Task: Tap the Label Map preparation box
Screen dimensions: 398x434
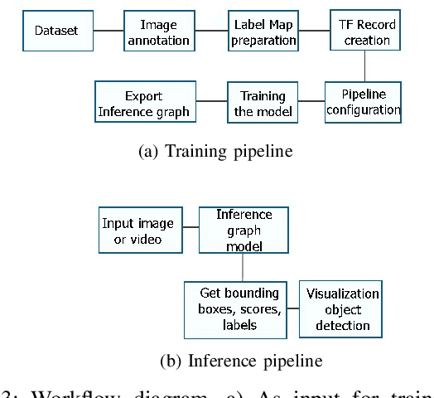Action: pos(263,32)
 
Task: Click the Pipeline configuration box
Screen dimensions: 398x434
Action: pos(363,101)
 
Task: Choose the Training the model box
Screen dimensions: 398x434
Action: pos(263,101)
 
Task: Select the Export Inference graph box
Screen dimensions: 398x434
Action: pos(144,101)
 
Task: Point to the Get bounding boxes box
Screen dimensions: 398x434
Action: pos(239,308)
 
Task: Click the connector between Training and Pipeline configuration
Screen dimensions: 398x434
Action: pos(310,101)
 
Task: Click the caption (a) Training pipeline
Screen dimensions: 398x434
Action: pos(217,152)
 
